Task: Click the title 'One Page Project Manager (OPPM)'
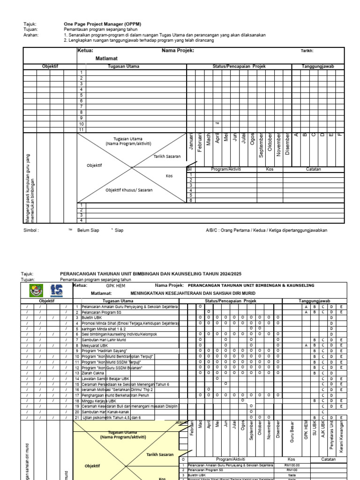[102, 23]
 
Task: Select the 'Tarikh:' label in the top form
[307, 51]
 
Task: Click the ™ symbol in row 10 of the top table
[217, 123]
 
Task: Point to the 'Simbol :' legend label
[31, 230]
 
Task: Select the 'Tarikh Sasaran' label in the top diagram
[167, 156]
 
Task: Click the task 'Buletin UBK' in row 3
[91, 317]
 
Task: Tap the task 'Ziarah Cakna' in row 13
[92, 373]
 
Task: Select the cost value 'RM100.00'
[292, 465]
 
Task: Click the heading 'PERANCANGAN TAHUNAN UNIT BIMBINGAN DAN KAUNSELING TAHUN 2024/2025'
[151, 274]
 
